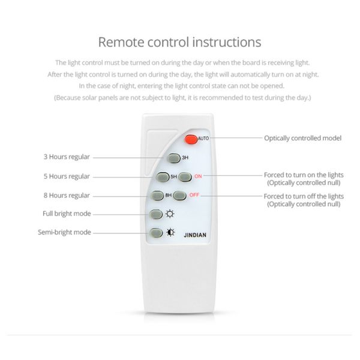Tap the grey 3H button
[x=174, y=158]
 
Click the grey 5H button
[x=163, y=177]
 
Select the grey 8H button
[x=157, y=196]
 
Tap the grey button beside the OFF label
[x=179, y=196]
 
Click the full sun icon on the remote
[x=170, y=214]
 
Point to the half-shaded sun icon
[x=170, y=232]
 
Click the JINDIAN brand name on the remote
[x=195, y=235]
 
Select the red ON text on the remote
[x=198, y=176]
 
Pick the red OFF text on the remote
[x=194, y=195]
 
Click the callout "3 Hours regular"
[x=67, y=157]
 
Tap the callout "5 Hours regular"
[x=67, y=176]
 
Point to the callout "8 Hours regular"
[x=67, y=196]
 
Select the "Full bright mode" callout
[x=67, y=214]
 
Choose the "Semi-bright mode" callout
[x=64, y=232]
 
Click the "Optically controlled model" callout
[x=302, y=138]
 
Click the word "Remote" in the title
[x=121, y=42]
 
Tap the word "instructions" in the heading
[x=227, y=42]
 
